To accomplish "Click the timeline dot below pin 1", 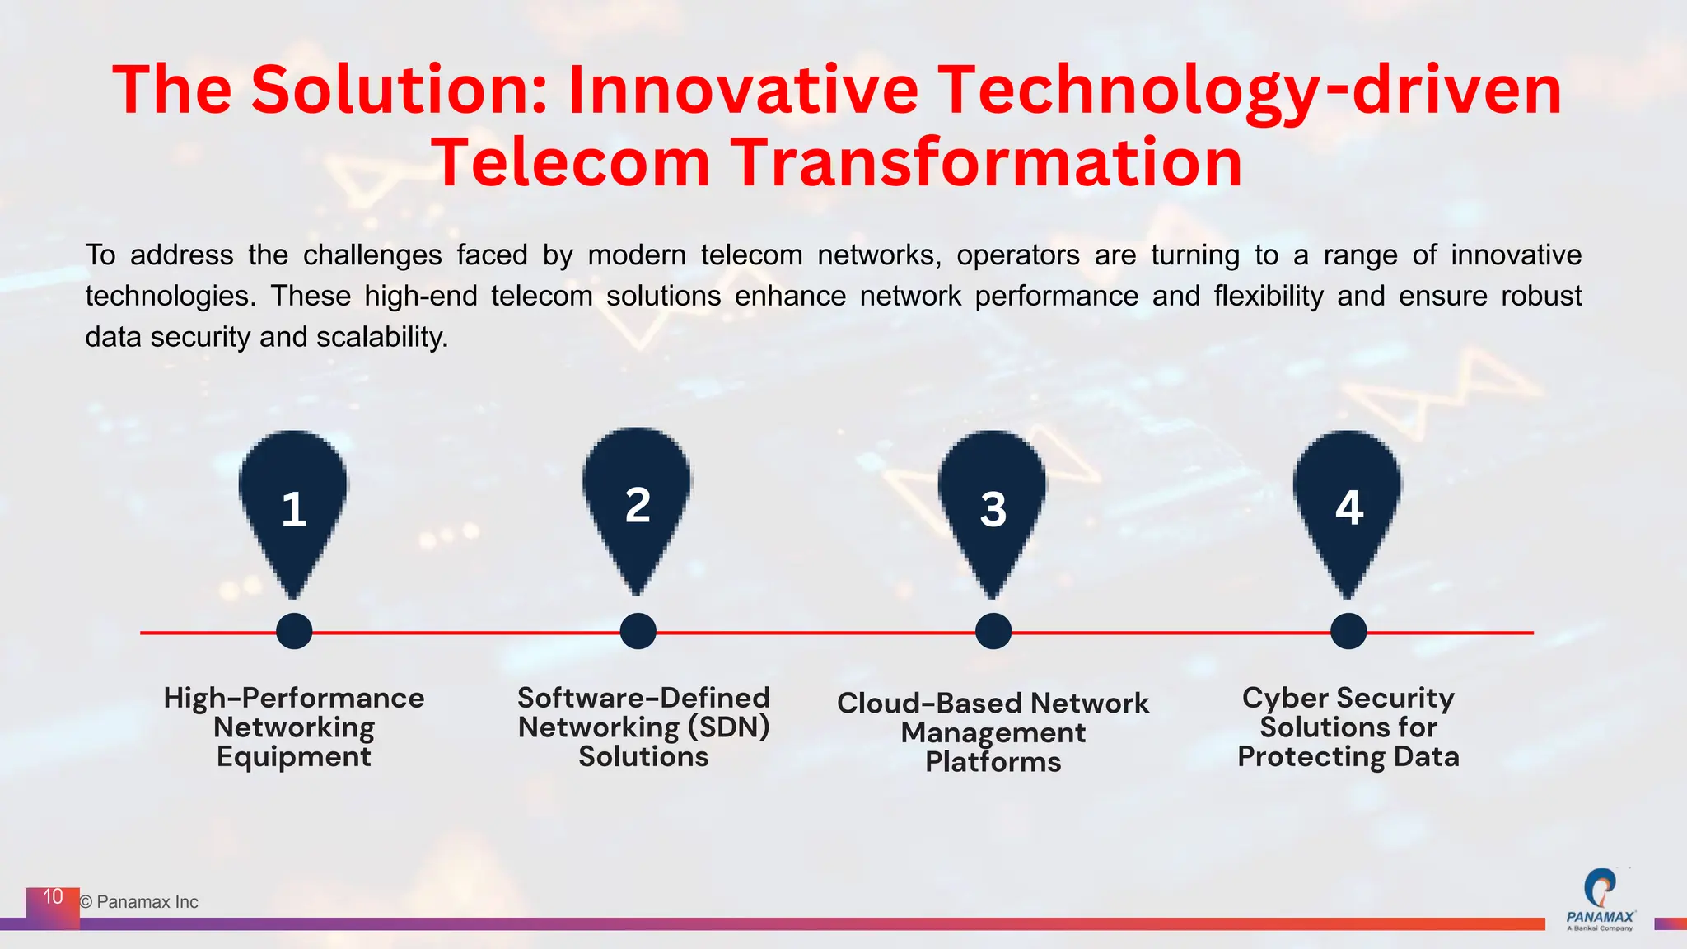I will pyautogui.click(x=294, y=632).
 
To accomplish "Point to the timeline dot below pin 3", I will pyautogui.click(x=993, y=632).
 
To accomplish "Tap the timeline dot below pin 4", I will pyautogui.click(x=1348, y=632).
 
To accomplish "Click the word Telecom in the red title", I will pyautogui.click(x=570, y=162).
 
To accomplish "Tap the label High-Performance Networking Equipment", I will pyautogui.click(x=294, y=727).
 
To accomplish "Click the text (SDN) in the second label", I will pyautogui.click(x=728, y=727).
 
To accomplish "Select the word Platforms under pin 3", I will pyautogui.click(x=993, y=762).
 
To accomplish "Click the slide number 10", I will pyautogui.click(x=53, y=897).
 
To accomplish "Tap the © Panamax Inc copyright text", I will pyautogui.click(x=139, y=902).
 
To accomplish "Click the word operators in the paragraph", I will pyautogui.click(x=1017, y=255).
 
